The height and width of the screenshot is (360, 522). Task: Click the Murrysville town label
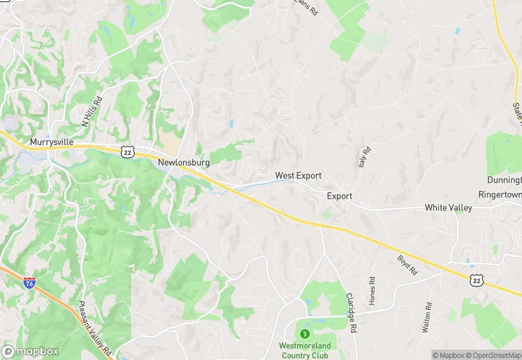click(52, 142)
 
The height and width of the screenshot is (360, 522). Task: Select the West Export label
click(298, 176)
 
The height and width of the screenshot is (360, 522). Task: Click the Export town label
click(339, 196)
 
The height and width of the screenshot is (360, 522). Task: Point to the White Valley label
click(449, 207)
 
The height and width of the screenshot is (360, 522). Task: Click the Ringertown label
click(499, 194)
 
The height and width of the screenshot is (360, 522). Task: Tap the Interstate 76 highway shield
click(29, 282)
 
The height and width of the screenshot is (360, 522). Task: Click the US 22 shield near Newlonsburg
click(127, 151)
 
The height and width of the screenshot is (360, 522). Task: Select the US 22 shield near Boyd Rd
click(476, 279)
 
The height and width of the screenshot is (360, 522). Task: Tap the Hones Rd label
click(373, 291)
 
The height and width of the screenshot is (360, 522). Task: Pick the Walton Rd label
click(428, 317)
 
